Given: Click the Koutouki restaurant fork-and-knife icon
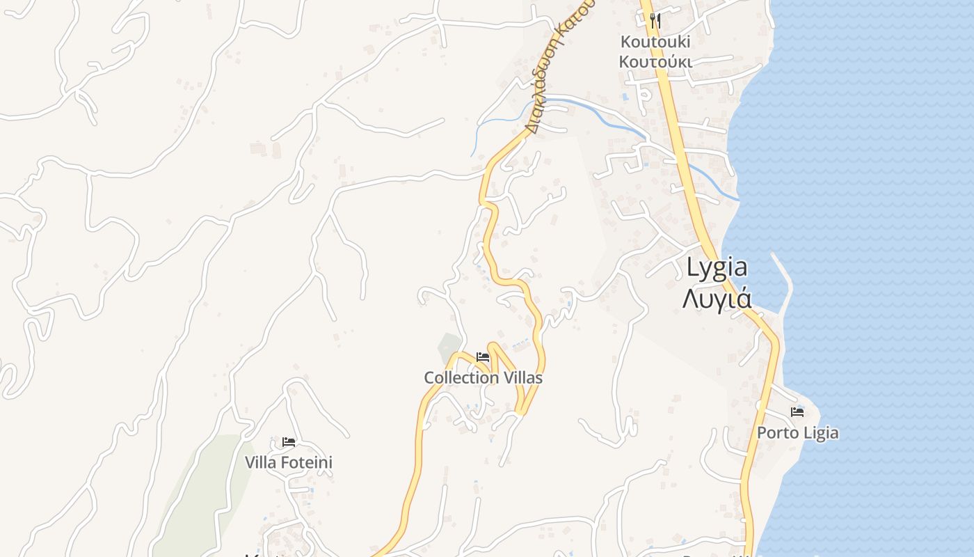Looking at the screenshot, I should point(654,20).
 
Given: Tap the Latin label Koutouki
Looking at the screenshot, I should point(655,42).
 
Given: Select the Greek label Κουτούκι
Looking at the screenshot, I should point(655,61).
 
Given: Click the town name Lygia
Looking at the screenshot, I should point(717,267).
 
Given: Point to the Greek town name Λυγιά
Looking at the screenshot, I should point(717,298).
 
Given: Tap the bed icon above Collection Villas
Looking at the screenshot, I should point(483,358).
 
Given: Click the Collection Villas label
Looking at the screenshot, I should point(483,378).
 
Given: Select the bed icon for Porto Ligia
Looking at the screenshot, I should point(797,412).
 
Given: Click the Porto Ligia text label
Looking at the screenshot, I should point(797,433).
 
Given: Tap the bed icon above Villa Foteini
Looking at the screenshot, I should point(289,442).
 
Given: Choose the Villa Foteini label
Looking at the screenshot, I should point(288,462).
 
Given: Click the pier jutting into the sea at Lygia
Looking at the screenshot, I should point(784,278).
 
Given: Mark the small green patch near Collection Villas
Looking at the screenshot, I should point(449,345).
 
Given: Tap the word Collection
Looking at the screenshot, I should point(462,378).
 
